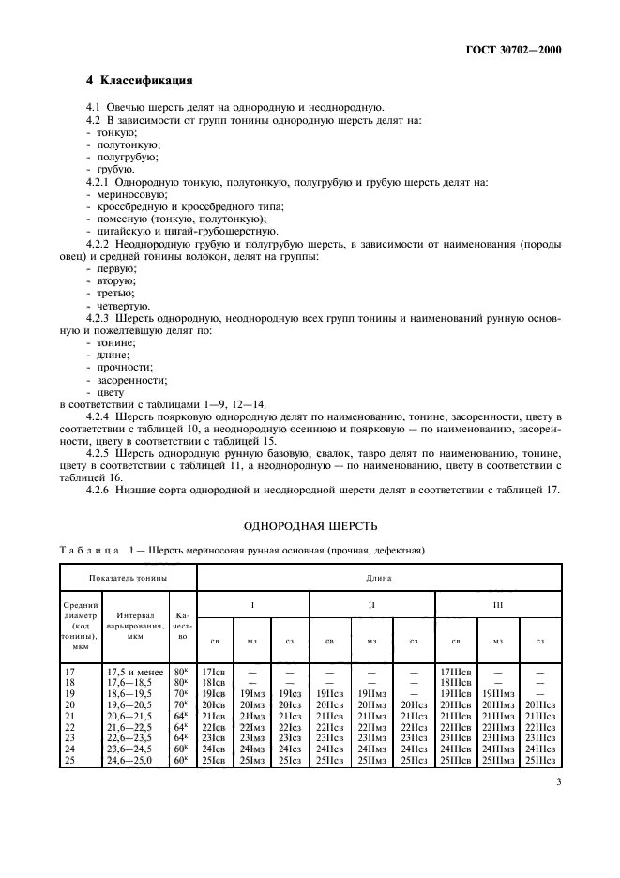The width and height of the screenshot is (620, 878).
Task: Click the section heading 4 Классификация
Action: click(140, 81)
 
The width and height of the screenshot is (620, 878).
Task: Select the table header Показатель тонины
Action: click(129, 578)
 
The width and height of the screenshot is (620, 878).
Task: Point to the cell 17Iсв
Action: click(214, 671)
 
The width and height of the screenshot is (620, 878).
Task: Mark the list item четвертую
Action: click(119, 305)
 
